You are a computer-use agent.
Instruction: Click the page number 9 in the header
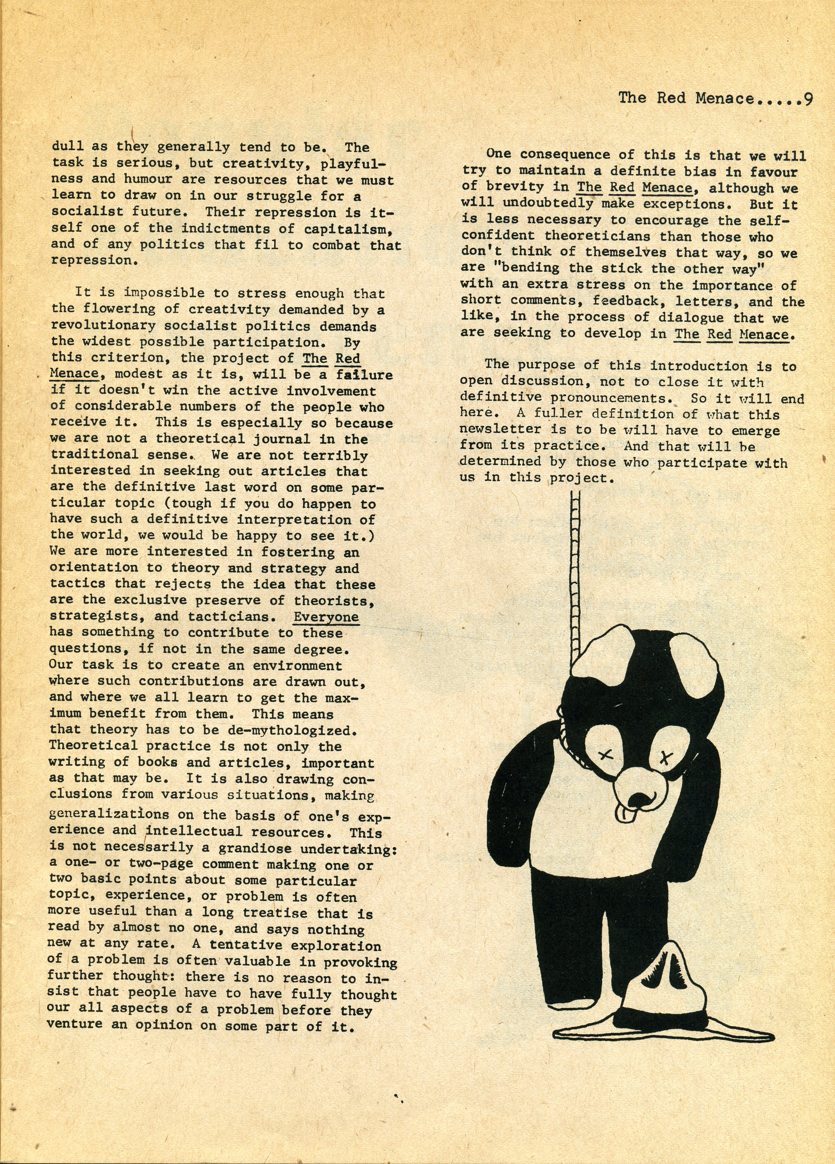pos(807,99)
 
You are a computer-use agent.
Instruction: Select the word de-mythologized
pos(289,730)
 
